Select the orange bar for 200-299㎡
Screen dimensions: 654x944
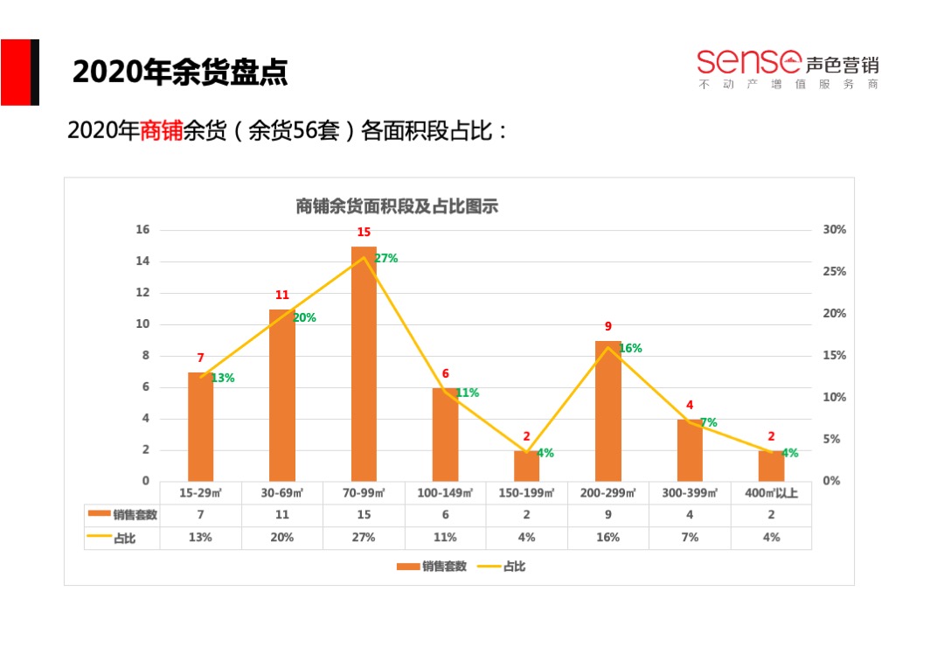tap(608, 411)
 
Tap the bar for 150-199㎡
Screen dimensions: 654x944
tap(526, 466)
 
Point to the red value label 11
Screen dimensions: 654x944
tap(281, 296)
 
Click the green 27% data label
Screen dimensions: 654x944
tap(385, 258)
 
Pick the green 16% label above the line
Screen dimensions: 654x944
tap(630, 348)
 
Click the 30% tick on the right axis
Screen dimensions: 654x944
tap(834, 230)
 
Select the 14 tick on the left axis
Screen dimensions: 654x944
tap(142, 261)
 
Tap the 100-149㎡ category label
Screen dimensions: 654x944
tap(445, 493)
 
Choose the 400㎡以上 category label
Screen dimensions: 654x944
tap(771, 493)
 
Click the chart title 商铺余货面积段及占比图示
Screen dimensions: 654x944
tap(397, 206)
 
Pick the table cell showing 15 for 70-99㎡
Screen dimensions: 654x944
tap(364, 515)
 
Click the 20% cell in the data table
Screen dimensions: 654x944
tap(281, 538)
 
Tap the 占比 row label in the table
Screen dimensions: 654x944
tap(123, 538)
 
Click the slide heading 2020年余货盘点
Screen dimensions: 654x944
tap(180, 73)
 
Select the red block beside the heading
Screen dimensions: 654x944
tap(16, 72)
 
